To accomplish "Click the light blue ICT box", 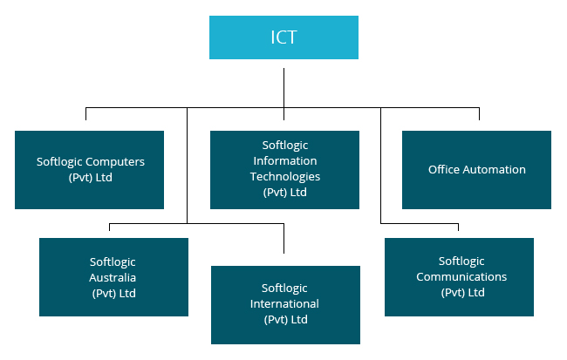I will click(283, 37).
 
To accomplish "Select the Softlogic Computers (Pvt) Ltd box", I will click(89, 170).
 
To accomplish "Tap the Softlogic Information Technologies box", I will click(284, 170).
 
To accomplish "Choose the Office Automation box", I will click(476, 170).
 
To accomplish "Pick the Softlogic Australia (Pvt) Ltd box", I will click(113, 277).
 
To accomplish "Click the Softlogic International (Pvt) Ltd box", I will click(284, 304).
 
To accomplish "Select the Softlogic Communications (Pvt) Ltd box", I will click(459, 277).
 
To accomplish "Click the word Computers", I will click(114, 162).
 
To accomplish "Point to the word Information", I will click(284, 161).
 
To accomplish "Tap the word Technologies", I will click(285, 177).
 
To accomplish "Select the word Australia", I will click(113, 278).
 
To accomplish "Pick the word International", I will click(284, 304).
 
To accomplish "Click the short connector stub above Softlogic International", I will click(284, 239).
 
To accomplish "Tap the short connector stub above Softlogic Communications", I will click(459, 230).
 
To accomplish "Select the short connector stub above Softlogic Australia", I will click(109, 230).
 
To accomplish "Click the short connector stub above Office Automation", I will click(478, 115).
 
